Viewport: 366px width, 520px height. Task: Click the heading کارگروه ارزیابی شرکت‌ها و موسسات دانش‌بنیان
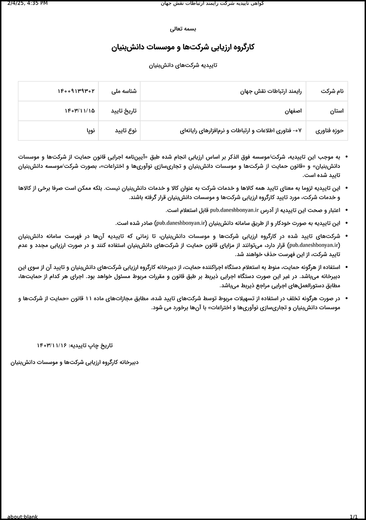click(183, 47)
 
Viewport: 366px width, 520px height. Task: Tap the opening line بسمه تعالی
click(183, 28)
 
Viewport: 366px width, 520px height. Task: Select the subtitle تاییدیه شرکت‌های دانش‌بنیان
click(183, 65)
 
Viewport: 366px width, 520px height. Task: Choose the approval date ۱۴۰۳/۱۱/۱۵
click(80, 111)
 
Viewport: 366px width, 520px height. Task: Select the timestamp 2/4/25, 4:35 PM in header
click(28, 4)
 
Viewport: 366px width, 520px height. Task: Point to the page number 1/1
click(353, 516)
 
